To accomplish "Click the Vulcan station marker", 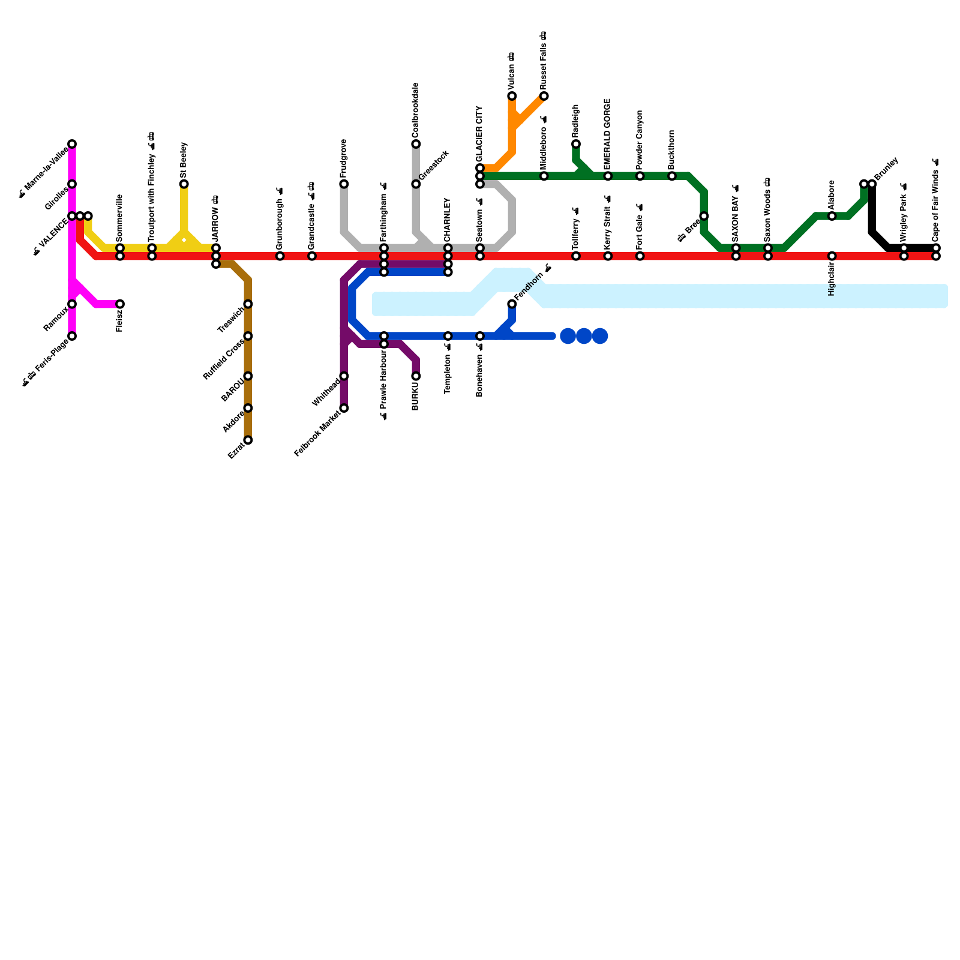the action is click(512, 96).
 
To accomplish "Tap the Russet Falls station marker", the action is click(544, 96).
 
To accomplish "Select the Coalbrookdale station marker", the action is click(416, 144).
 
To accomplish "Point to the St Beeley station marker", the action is click(184, 184).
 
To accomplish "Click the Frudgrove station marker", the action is click(344, 184).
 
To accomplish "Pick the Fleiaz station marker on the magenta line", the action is click(120, 304).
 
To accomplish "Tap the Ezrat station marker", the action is click(248, 440).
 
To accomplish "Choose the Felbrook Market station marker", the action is click(344, 408).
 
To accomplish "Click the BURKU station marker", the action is click(416, 376).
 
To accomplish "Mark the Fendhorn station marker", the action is click(512, 304).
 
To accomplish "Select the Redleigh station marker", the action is click(576, 144).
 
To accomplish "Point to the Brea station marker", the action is click(704, 216).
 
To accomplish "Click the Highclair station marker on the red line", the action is click(832, 256).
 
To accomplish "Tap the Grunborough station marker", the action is click(280, 256).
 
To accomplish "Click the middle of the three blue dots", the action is click(584, 336).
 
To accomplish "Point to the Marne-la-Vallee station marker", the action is click(72, 144).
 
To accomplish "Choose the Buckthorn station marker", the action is click(672, 176).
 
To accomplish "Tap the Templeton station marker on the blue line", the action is click(448, 336).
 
